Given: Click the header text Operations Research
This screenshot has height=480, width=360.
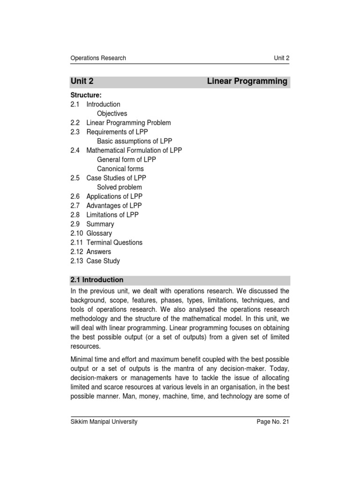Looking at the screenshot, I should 98,58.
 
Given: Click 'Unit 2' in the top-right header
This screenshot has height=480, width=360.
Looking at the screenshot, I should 281,58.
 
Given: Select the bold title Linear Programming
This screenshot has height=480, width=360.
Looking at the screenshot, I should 247,81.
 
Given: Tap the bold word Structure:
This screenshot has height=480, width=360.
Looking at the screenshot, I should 86,95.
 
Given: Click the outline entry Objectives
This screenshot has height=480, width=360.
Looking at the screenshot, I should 112,113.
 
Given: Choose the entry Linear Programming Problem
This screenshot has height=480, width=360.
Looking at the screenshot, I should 128,123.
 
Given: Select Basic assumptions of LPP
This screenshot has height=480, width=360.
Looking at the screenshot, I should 132,141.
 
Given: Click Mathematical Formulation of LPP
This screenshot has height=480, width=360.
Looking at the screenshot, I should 134,150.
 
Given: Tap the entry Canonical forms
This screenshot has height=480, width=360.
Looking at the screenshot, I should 120,169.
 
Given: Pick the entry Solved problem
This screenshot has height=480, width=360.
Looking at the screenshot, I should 119,187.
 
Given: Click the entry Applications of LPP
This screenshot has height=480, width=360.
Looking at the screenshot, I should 114,196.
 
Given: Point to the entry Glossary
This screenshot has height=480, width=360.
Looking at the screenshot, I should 99,233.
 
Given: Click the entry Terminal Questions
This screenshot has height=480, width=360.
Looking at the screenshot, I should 114,242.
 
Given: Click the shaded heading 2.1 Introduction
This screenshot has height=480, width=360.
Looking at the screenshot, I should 97,280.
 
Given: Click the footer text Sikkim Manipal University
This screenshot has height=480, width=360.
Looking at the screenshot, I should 104,422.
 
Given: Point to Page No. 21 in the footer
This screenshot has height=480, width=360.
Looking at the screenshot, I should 273,422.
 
